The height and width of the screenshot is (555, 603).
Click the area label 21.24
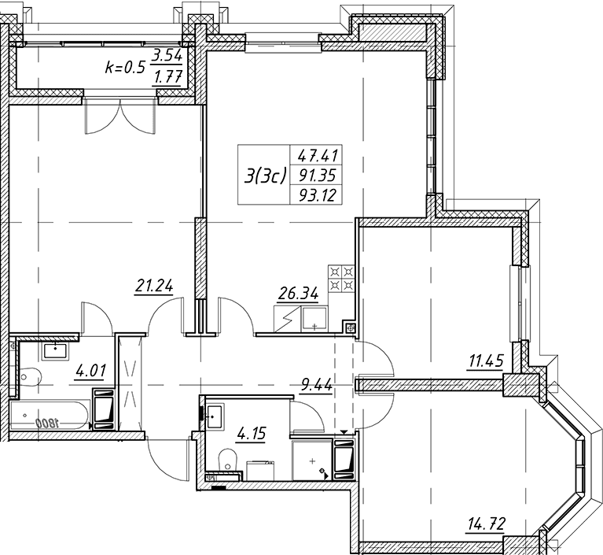(154, 287)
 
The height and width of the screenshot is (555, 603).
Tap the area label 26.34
(299, 294)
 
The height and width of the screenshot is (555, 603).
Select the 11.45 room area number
(486, 361)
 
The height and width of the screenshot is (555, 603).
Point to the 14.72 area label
(485, 524)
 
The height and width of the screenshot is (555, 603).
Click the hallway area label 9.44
(317, 384)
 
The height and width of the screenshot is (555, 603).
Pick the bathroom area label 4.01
(90, 372)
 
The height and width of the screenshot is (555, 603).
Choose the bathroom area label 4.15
(252, 434)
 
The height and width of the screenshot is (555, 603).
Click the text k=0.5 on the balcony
(125, 68)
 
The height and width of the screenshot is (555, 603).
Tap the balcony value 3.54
(167, 57)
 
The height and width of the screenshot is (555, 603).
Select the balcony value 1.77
(167, 78)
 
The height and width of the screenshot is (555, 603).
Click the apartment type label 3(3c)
(266, 177)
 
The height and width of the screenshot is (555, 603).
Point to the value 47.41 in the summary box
(318, 156)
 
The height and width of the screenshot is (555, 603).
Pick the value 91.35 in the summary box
(318, 176)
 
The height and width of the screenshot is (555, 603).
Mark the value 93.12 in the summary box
(318, 195)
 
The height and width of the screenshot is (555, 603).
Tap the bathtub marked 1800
(50, 415)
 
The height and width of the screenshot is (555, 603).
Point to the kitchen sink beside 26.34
(314, 319)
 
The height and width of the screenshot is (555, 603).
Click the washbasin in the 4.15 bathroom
(215, 416)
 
